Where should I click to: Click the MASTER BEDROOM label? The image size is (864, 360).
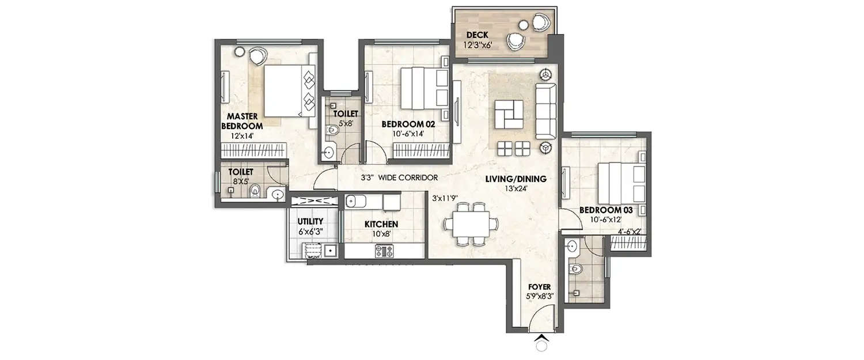click(x=242, y=120)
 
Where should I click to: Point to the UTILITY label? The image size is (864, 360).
click(x=310, y=221)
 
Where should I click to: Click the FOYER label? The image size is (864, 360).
click(x=538, y=286)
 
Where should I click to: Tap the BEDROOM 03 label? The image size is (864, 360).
click(x=605, y=210)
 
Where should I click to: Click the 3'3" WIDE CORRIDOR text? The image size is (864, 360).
click(x=399, y=178)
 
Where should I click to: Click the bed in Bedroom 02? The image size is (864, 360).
click(x=424, y=88)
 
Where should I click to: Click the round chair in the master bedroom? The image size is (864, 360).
click(x=257, y=55)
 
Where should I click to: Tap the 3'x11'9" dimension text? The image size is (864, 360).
click(x=445, y=198)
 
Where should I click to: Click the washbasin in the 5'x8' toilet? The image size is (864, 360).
click(x=328, y=152)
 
